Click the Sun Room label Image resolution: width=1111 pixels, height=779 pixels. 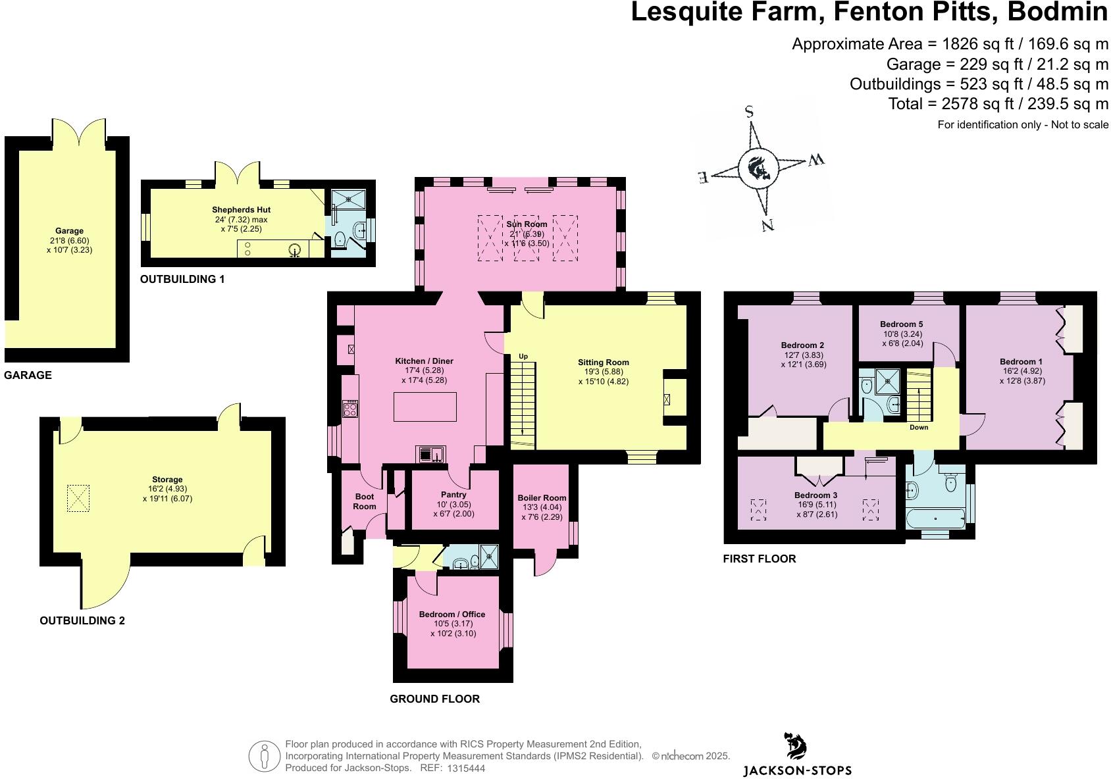pos(527,224)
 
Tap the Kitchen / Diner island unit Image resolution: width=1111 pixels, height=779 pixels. pos(425,407)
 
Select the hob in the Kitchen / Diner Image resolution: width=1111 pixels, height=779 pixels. pos(350,409)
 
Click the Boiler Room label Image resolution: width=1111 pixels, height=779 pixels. pos(542,498)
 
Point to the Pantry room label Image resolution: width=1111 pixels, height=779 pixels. pos(453,495)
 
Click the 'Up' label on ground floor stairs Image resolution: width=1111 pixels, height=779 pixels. pos(523,357)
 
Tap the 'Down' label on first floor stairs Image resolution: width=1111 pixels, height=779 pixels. pos(919,428)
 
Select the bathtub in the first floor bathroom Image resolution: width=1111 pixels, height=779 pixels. pos(935,518)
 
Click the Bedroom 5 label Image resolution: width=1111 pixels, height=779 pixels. pos(901,324)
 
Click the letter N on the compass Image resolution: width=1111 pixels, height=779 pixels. pos(767,225)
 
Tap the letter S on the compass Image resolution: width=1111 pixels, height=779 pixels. pos(749,111)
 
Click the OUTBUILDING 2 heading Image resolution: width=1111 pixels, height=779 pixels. pos(82,620)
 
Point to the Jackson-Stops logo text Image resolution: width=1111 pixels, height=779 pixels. pos(797,770)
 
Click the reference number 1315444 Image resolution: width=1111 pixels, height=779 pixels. pos(466,768)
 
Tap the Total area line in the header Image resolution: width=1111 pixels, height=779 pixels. pos(998,104)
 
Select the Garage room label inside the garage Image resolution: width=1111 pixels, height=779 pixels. pos(69,231)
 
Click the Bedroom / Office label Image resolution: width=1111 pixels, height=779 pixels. pos(452,615)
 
